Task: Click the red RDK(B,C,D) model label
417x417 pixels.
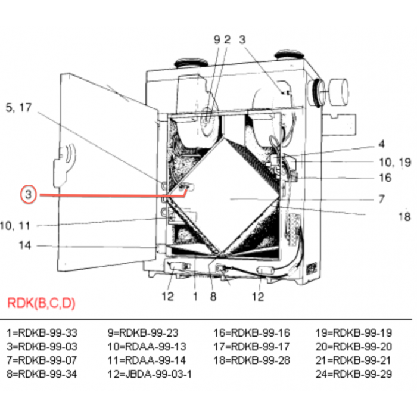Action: [41, 303]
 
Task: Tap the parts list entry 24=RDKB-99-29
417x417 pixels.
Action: [362, 374]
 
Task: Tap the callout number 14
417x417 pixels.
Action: [24, 245]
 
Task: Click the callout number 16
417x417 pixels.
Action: [385, 178]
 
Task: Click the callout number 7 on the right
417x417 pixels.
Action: [381, 198]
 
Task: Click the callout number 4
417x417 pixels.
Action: [381, 144]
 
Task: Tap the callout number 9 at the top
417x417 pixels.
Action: [217, 40]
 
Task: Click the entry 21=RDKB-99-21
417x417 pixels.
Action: [362, 360]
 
